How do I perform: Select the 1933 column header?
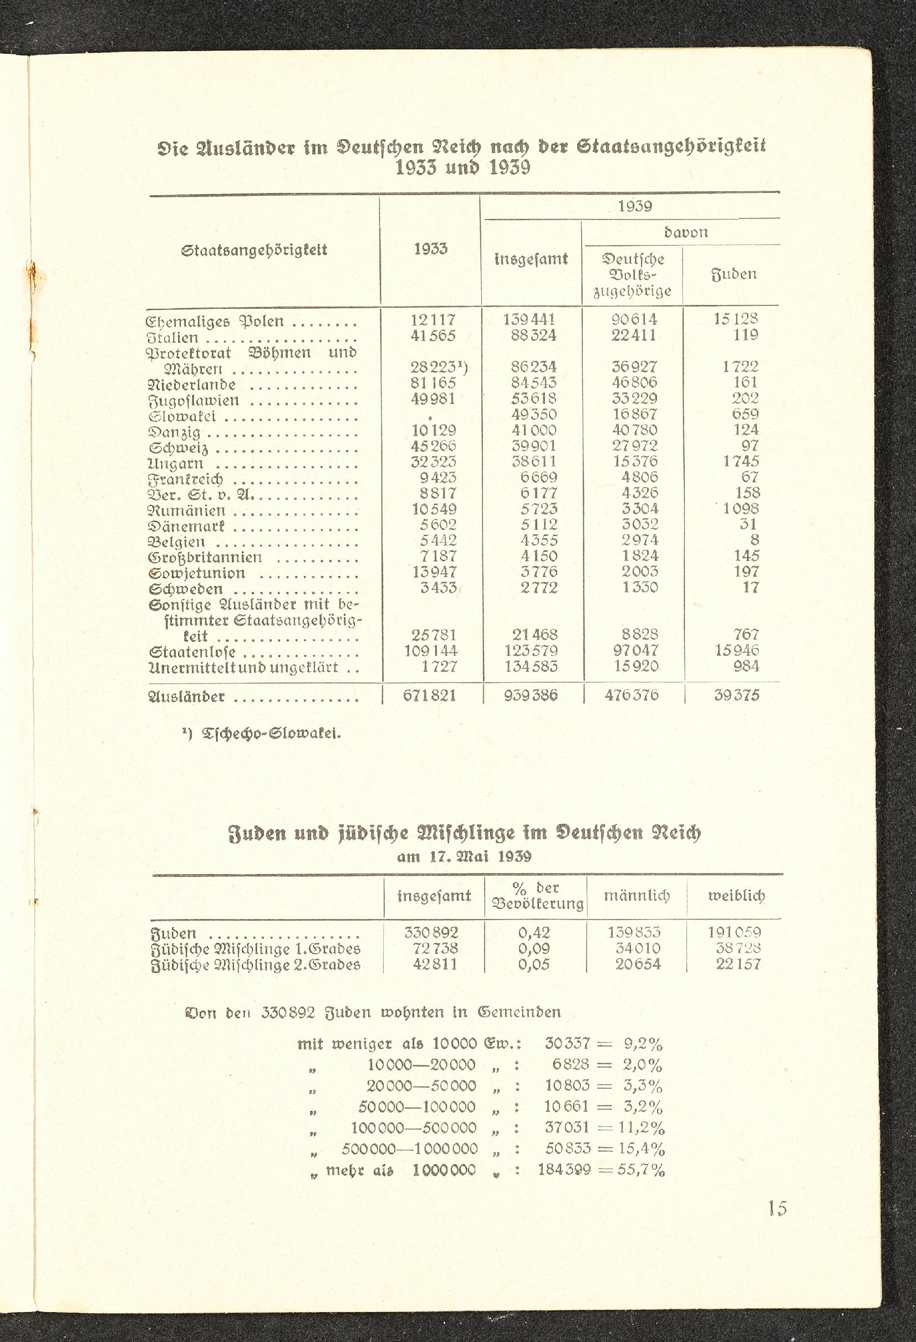pyautogui.click(x=430, y=249)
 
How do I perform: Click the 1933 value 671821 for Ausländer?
pyautogui.click(x=430, y=695)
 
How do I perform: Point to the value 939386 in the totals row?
pyautogui.click(x=531, y=695)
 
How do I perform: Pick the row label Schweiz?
pyautogui.click(x=179, y=448)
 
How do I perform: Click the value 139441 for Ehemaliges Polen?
pyautogui.click(x=530, y=320)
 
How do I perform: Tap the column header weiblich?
pyautogui.click(x=736, y=896)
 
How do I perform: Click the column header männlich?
pyautogui.click(x=637, y=896)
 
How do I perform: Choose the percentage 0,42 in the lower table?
pyautogui.click(x=534, y=932)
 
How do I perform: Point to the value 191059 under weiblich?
pyautogui.click(x=735, y=932)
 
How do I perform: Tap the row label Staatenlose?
pyautogui.click(x=192, y=652)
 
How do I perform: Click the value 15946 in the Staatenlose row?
pyautogui.click(x=736, y=650)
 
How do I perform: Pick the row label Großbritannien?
pyautogui.click(x=206, y=558)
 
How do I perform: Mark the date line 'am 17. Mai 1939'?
pyautogui.click(x=464, y=856)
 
